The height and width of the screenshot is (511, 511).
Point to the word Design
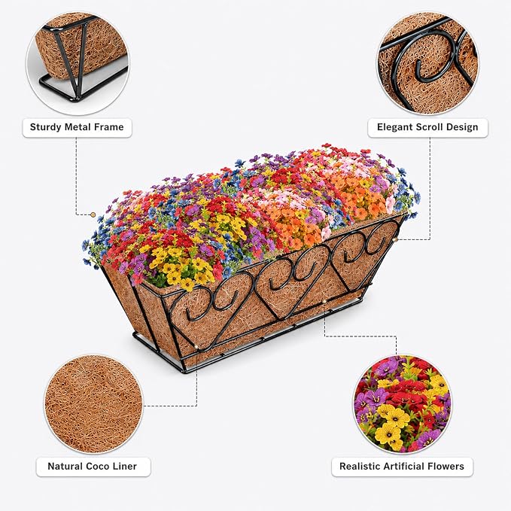pos(462,127)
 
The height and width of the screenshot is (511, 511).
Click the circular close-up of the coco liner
pos(93,404)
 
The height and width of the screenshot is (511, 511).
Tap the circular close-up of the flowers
pos(403,404)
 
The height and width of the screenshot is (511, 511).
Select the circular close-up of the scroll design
pos(428,63)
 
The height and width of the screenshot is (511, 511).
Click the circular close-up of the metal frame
pos(78,63)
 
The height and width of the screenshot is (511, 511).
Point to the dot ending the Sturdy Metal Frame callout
pos(93,214)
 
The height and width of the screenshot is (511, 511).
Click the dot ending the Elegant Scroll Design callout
pos(395,239)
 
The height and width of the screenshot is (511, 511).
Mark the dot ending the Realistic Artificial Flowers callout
pos(324,303)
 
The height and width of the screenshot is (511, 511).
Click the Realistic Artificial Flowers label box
pos(402,467)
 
